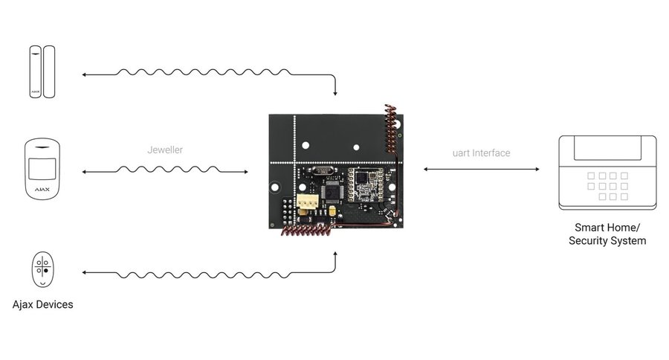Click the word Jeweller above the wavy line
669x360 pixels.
[165, 150]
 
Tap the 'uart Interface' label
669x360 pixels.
[482, 153]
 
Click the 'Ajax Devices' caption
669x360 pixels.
[42, 305]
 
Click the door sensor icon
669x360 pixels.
[42, 71]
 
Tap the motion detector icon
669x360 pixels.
[42, 169]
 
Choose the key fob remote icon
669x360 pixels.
[42, 271]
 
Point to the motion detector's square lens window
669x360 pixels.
[42, 167]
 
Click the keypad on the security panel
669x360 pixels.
[607, 186]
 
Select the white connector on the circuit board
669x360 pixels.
[307, 202]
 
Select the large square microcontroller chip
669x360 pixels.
[332, 190]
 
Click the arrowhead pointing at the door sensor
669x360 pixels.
[84, 75]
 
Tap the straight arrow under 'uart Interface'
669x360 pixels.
[482, 170]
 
